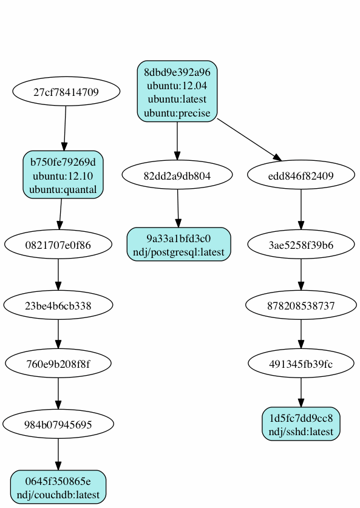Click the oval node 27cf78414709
click(x=66, y=92)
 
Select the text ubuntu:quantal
click(x=64, y=189)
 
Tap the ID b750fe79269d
click(x=64, y=162)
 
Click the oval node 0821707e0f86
click(x=58, y=245)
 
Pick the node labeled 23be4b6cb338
click(x=58, y=305)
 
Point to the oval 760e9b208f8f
click(x=58, y=364)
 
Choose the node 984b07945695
click(x=58, y=424)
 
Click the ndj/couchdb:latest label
click(x=58, y=495)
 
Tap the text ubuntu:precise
click(x=177, y=113)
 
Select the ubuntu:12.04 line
click(x=177, y=85)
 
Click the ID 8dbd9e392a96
click(x=177, y=71)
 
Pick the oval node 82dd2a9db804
click(x=177, y=176)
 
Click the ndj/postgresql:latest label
click(x=179, y=251)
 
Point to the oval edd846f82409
click(x=301, y=176)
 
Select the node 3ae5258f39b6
click(x=301, y=245)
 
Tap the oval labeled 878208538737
click(x=301, y=305)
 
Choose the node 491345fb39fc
click(x=301, y=364)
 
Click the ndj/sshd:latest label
click(x=301, y=432)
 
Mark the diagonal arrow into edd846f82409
click(x=249, y=140)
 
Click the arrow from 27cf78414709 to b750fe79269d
click(x=65, y=129)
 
